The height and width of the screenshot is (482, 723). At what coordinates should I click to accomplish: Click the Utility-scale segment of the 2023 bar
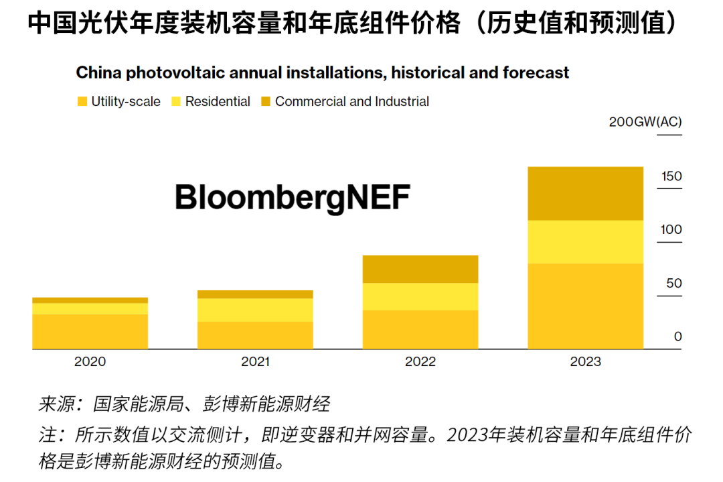coord(585,306)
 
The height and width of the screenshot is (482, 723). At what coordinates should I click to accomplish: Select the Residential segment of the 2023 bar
coord(585,242)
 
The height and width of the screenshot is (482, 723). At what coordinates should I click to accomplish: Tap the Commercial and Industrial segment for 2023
coord(585,193)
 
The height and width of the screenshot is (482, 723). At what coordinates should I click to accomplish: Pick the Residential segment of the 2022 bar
coord(420,296)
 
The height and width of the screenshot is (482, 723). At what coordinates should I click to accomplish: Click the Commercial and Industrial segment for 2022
coord(420,269)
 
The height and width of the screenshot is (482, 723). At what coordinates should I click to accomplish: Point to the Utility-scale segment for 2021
coord(255,335)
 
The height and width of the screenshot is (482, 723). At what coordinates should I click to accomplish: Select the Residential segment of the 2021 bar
coord(255,310)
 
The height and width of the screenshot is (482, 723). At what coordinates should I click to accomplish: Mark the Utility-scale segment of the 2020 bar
coord(90,331)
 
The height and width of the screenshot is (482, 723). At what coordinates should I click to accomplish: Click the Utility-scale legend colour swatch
coord(82,102)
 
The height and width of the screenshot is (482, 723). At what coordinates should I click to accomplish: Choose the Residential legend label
coord(218,102)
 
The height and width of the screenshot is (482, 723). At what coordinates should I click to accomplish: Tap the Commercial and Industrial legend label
coord(352,102)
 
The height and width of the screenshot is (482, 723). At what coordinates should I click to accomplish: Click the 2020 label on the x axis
coord(90,362)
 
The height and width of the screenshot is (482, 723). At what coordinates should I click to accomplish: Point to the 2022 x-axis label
coord(420,362)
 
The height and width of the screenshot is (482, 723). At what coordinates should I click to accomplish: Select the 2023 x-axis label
coord(585,362)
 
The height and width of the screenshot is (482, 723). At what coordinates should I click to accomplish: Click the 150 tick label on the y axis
coord(671,176)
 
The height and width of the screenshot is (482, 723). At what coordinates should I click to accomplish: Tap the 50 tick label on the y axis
coord(673,283)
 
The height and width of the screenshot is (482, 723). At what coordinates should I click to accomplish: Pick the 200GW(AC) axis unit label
coord(645,122)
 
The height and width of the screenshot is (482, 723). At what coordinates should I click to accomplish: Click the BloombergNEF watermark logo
coord(292,198)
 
